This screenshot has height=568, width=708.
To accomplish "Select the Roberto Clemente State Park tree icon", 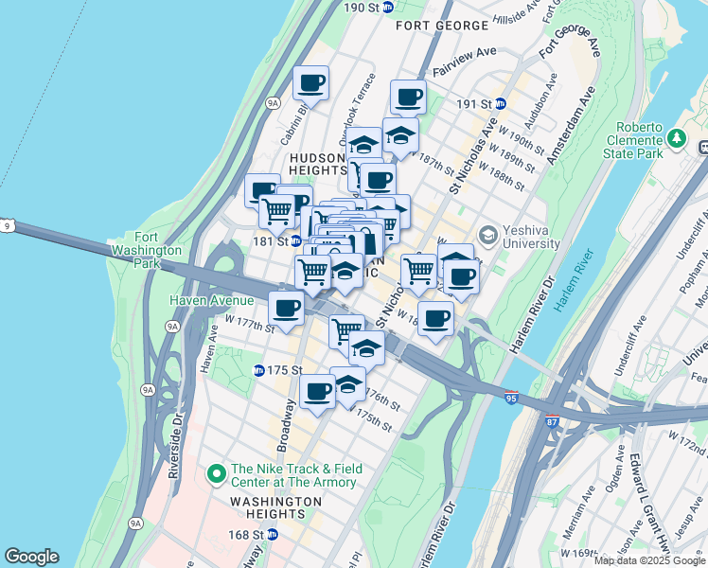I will point(676,139).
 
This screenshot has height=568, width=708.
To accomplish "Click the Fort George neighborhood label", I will point(434,25).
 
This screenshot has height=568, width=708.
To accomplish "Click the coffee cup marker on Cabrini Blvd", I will point(310,83).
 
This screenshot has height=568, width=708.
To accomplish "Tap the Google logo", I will point(31,557).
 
